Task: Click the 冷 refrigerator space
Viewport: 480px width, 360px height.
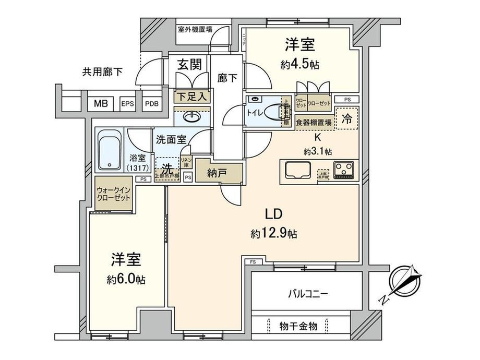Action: pyautogui.click(x=346, y=118)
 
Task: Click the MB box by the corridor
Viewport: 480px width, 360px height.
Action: pyautogui.click(x=101, y=103)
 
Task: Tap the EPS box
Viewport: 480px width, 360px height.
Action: pyautogui.click(x=128, y=103)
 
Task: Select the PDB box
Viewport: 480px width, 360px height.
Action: pyautogui.click(x=151, y=103)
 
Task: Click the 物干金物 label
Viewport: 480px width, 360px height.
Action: pyautogui.click(x=298, y=326)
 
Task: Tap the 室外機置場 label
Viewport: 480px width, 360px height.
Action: pyautogui.click(x=194, y=29)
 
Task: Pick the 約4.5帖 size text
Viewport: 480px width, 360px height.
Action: pyautogui.click(x=299, y=65)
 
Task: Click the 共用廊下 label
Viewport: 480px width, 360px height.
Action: pyautogui.click(x=102, y=72)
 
